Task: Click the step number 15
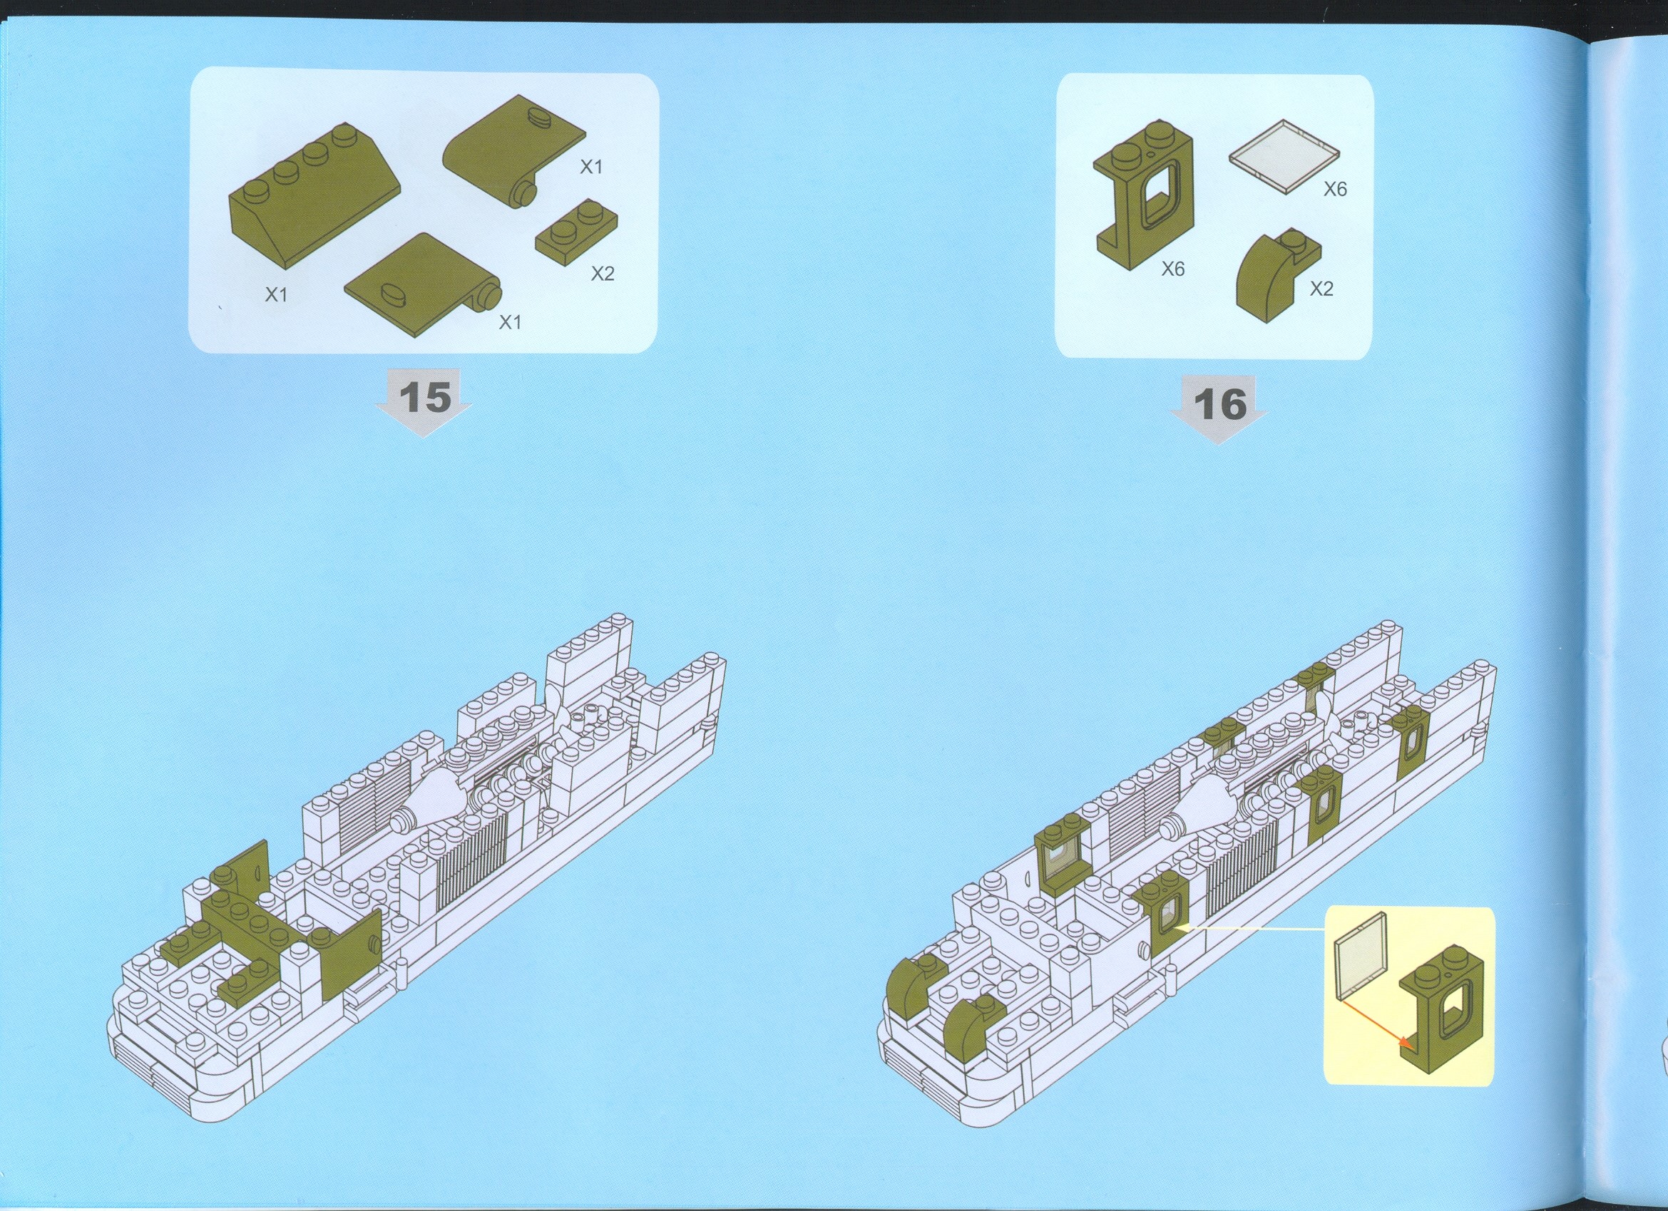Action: tap(424, 397)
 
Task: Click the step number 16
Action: tap(1220, 403)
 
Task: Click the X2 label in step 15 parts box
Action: tap(603, 274)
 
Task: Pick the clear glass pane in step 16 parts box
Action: tap(1284, 156)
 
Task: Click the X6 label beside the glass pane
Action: tap(1335, 190)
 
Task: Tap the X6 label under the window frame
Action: tap(1173, 270)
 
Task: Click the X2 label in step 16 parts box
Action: tap(1321, 289)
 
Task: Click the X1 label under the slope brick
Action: tap(276, 295)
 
